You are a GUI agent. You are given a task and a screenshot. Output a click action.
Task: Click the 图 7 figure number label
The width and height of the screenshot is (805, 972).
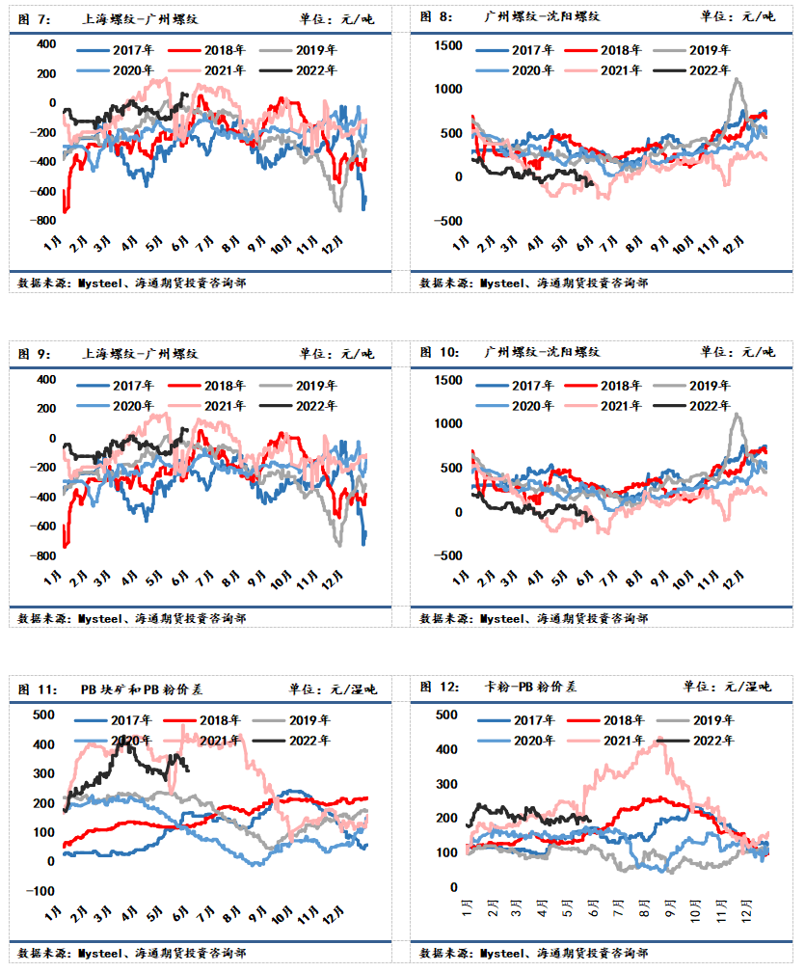click(x=34, y=19)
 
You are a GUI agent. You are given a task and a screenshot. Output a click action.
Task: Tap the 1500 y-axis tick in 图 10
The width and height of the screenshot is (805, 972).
click(x=448, y=380)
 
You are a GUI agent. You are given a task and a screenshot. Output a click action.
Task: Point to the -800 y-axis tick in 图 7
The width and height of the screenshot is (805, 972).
click(x=42, y=220)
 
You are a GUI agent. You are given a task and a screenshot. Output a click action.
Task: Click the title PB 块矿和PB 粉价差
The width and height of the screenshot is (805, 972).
click(x=142, y=689)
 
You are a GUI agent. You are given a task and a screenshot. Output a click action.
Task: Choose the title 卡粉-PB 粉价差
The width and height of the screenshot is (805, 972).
click(x=530, y=687)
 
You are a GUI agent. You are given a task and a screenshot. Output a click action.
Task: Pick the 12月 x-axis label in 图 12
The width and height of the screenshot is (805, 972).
click(x=747, y=910)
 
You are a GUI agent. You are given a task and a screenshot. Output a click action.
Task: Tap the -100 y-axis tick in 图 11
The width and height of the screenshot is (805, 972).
click(x=40, y=891)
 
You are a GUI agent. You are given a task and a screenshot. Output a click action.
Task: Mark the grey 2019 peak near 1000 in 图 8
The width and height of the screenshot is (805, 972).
click(x=737, y=79)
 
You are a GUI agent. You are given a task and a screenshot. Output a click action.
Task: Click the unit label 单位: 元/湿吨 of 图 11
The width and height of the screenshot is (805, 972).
click(x=333, y=689)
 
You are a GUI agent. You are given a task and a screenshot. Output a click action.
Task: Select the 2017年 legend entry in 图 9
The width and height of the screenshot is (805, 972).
click(x=116, y=386)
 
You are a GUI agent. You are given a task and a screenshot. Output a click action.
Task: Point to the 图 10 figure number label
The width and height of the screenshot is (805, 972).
click(x=440, y=352)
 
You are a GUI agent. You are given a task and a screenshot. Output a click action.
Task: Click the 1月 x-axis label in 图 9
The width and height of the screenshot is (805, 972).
click(x=53, y=579)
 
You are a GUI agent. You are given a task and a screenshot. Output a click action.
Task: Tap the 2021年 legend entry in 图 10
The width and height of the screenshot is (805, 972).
click(x=603, y=406)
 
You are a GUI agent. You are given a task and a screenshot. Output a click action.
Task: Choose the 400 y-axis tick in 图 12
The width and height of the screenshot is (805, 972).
click(x=446, y=749)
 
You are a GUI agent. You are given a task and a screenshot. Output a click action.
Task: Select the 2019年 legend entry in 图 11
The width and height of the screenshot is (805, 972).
click(x=291, y=720)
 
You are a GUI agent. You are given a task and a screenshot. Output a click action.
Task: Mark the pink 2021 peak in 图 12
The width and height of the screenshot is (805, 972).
click(x=662, y=742)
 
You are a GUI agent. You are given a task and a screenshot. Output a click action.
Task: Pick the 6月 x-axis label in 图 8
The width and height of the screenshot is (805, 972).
click(x=584, y=244)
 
